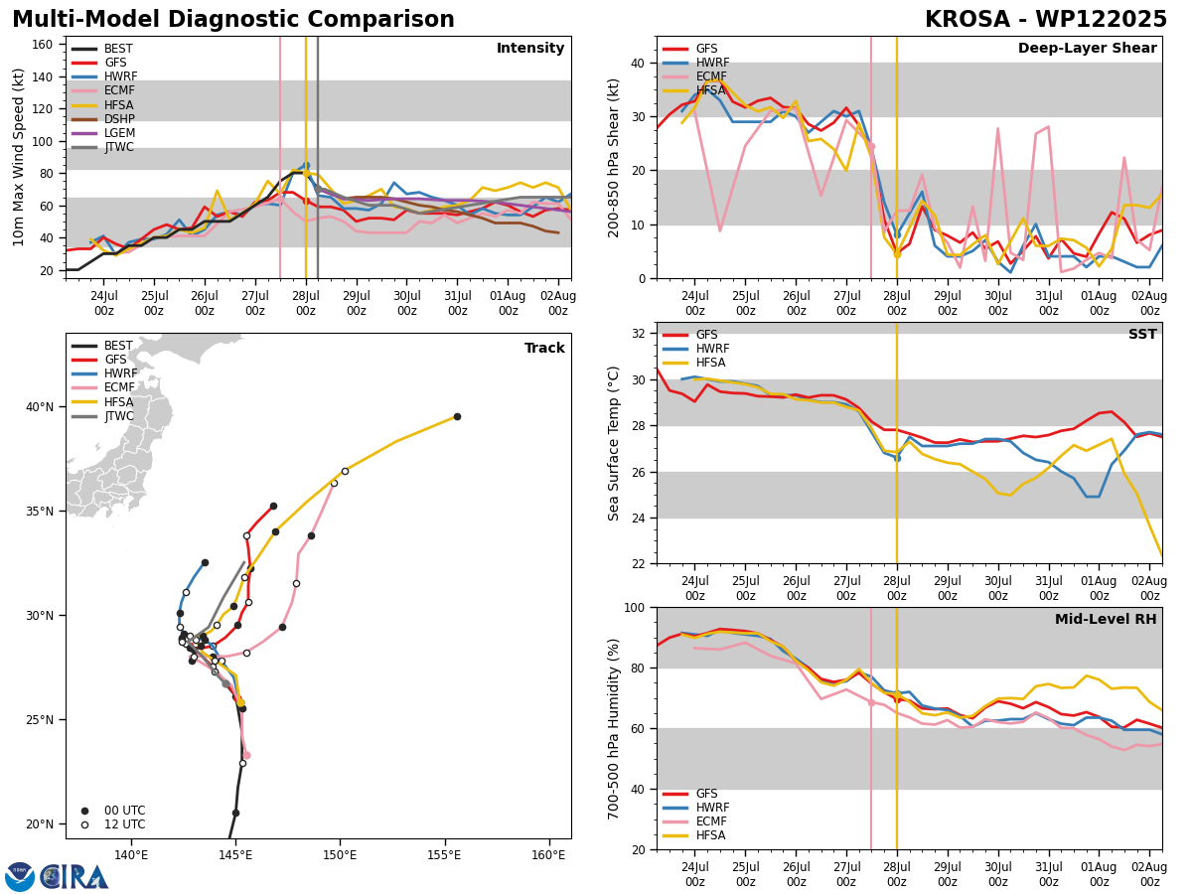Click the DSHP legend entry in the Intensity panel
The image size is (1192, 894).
(102, 119)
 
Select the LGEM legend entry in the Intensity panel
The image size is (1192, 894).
(102, 133)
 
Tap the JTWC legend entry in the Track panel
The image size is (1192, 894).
(102, 416)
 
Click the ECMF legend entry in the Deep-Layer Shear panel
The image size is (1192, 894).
(694, 76)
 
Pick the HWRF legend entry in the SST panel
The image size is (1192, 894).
(695, 349)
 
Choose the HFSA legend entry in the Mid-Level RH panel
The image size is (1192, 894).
(694, 835)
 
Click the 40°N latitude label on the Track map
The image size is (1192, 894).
(40, 407)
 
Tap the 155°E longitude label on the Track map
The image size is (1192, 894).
(445, 855)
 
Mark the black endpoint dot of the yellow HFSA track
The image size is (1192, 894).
(457, 417)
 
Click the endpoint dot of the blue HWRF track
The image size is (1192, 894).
(205, 563)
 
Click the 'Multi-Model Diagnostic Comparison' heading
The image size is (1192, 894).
(233, 20)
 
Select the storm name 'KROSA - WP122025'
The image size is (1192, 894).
(1046, 20)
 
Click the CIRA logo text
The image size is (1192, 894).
(74, 877)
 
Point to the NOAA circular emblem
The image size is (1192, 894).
(20, 876)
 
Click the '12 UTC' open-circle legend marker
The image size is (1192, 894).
(84, 825)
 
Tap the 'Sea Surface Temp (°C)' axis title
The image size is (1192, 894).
(613, 444)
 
